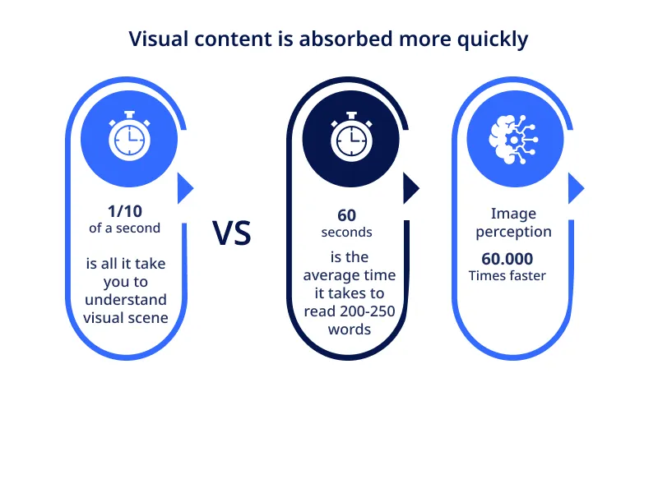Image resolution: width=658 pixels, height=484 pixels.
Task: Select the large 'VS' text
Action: coord(232,233)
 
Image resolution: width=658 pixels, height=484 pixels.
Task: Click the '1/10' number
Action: coord(125,211)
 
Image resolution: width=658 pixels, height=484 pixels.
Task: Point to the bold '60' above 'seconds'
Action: coord(347,215)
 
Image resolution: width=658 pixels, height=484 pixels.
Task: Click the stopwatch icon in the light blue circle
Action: coord(129,136)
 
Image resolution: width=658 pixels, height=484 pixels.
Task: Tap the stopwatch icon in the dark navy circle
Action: coord(351,136)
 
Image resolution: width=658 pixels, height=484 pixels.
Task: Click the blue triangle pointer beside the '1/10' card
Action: coord(185,189)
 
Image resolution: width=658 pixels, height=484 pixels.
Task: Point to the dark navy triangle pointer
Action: coord(410,189)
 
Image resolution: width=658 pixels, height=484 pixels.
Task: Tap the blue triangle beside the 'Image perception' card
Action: coord(575,189)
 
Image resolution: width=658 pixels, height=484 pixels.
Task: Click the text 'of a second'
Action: coord(125,228)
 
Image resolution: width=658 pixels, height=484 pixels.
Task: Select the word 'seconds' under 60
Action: coord(347,232)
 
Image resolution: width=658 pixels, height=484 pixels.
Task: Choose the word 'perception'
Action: coord(513,232)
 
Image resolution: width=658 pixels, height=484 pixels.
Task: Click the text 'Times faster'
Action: coord(507,276)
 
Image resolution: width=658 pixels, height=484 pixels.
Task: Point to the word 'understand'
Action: coord(125,299)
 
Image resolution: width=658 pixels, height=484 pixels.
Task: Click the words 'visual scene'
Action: coord(125,317)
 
